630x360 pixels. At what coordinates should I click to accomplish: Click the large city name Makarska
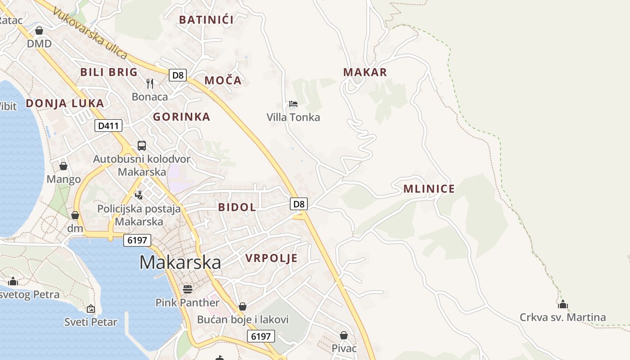180,262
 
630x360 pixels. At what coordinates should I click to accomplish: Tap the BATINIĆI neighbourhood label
206,20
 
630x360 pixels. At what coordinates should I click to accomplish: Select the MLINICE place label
429,189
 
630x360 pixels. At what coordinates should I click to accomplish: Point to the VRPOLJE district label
271,258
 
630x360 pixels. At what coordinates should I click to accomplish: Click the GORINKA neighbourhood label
181,117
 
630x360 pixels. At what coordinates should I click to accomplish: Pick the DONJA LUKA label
65,103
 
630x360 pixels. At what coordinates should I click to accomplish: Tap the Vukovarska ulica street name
90,33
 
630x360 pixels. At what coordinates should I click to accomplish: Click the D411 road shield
108,126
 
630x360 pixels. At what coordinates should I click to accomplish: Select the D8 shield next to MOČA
178,75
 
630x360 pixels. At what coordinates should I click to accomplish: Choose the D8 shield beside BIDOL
299,204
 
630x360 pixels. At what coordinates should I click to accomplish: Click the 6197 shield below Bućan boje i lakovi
261,336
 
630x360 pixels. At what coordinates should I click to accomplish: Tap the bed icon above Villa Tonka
293,104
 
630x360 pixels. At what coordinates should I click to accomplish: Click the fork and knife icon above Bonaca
150,83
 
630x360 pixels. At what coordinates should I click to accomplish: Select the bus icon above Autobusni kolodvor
141,145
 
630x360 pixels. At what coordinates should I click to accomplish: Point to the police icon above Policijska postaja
139,195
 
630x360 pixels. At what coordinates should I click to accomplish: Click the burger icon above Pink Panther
187,289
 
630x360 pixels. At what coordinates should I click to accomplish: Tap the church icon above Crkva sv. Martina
562,304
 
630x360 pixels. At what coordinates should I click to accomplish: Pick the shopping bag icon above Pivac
344,335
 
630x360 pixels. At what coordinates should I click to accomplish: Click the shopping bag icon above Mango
63,166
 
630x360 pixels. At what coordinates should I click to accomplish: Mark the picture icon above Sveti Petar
91,309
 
